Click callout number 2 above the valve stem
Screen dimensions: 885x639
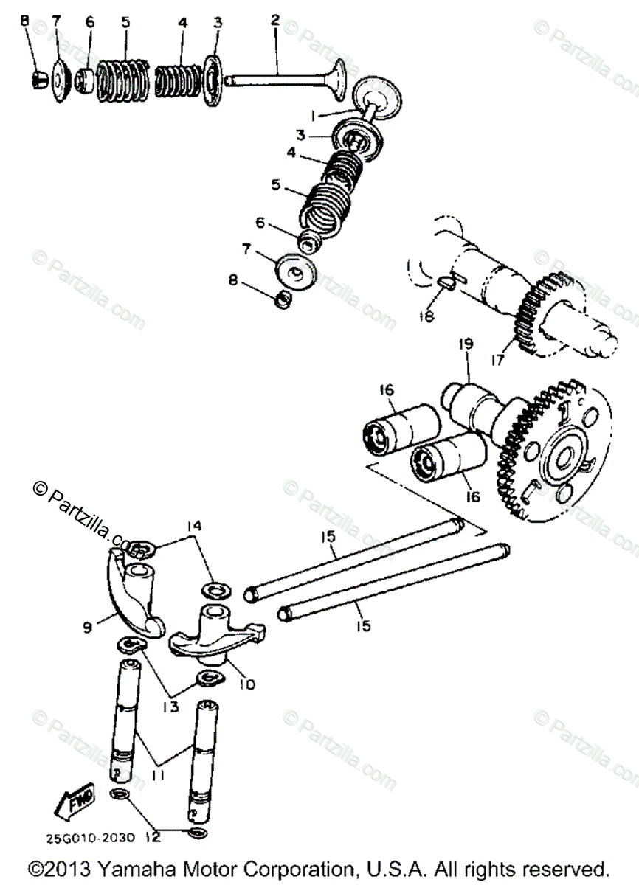(274, 21)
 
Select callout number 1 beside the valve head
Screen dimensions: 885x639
(314, 116)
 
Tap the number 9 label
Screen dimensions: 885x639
(88, 628)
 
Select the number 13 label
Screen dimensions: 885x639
(170, 707)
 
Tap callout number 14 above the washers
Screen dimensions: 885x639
(193, 526)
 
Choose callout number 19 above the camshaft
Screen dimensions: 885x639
(465, 344)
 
